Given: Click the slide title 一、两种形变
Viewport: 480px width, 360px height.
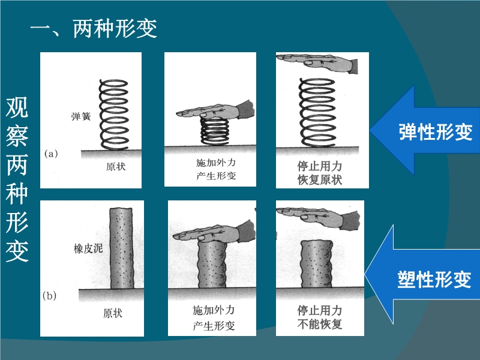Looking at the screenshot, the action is tap(94, 29).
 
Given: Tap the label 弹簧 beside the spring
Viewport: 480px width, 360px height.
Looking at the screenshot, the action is tap(81, 116).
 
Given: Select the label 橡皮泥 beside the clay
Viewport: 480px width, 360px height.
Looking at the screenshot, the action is tap(88, 248).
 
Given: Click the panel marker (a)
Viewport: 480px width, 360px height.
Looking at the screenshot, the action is tap(51, 154).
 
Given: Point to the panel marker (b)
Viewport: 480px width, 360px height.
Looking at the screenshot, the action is tap(49, 296).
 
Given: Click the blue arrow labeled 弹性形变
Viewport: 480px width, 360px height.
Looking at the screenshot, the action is tap(425, 130).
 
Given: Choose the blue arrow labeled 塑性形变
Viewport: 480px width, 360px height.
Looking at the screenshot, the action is tap(422, 275).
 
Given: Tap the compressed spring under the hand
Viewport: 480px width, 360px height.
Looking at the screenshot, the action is tap(215, 131).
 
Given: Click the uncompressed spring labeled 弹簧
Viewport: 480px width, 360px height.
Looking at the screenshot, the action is tap(113, 115).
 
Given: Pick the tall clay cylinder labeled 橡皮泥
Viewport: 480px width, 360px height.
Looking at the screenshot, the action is tap(122, 248).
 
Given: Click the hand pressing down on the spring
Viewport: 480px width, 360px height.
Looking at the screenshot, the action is tap(216, 111).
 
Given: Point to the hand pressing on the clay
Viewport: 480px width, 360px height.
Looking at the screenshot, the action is tap(214, 232).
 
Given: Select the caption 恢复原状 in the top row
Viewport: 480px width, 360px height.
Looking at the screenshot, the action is tap(320, 180).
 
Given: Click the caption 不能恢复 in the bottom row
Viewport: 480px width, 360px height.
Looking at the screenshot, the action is tap(320, 324).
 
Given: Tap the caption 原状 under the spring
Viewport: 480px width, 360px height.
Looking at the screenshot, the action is tap(116, 167).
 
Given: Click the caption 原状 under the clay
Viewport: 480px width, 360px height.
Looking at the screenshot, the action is tap(113, 313).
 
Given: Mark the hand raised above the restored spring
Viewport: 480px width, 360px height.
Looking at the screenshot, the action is tap(317, 63).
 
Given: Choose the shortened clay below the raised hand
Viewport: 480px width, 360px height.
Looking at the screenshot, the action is tap(317, 264).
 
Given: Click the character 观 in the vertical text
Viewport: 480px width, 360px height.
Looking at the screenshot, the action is tap(17, 107).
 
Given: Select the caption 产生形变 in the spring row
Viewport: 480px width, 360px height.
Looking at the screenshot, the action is tap(216, 176).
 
